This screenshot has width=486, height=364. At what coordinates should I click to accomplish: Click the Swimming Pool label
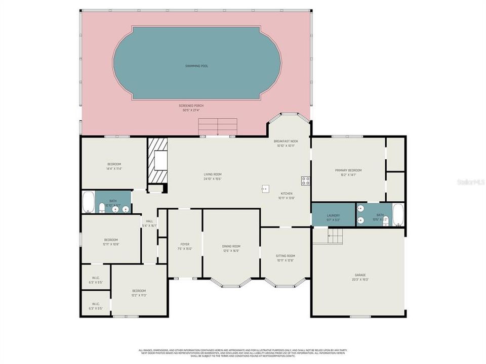[196, 66]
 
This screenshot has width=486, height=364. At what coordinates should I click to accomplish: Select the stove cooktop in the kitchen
[305, 180]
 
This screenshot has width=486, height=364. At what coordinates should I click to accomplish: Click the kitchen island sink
[265, 189]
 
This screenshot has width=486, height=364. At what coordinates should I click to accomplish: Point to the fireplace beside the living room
[157, 161]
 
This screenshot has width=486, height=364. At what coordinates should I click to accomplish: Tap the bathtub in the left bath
[88, 202]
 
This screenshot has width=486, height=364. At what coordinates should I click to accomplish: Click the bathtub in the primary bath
[398, 215]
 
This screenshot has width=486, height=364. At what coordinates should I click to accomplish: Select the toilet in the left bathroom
[102, 208]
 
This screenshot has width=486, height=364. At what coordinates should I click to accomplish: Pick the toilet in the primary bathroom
[385, 221]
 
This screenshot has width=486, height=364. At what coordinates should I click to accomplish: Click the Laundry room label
[333, 215]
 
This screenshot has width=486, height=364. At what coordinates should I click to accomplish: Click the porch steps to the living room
[218, 126]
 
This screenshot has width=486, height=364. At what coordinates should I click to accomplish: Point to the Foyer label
[185, 244]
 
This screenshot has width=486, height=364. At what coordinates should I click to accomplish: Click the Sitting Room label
[286, 256]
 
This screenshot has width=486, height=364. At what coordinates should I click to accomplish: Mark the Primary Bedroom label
[348, 170]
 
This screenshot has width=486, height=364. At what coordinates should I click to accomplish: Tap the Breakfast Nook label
[286, 141]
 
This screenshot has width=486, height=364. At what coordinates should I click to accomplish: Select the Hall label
[149, 221]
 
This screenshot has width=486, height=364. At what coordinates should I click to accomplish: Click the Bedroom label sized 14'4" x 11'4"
[114, 164]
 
